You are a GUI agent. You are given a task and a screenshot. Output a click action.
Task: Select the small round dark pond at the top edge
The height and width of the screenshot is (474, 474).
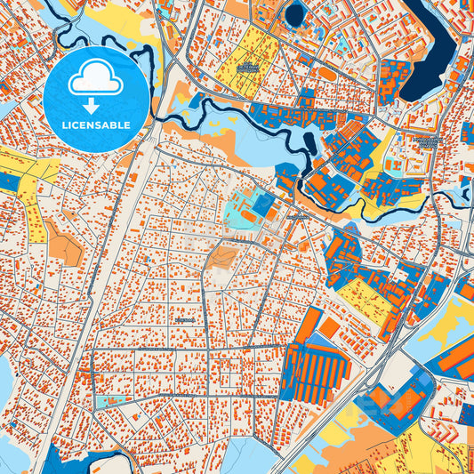click(295, 12)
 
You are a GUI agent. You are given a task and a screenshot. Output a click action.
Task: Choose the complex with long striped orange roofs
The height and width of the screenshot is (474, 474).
click(317, 369)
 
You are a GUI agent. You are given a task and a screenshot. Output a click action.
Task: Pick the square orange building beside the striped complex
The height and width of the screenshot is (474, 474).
click(330, 328)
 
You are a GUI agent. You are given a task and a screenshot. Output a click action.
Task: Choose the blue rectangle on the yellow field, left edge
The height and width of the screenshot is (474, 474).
click(8, 181)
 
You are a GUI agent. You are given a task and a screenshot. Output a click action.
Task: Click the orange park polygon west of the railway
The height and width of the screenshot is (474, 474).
click(63, 241)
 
